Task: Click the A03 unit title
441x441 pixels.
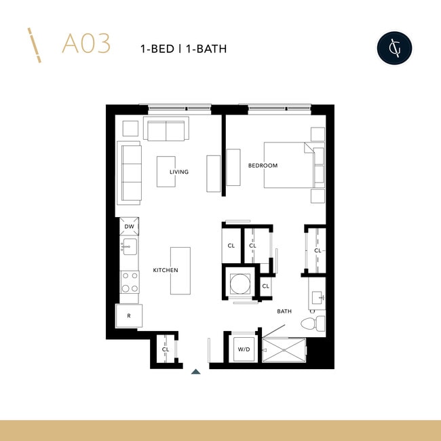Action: pyautogui.click(x=85, y=44)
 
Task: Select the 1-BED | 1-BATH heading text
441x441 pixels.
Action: pyautogui.click(x=183, y=48)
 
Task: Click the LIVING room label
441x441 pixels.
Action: pyautogui.click(x=179, y=172)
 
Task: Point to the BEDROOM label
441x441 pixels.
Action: pyautogui.click(x=263, y=166)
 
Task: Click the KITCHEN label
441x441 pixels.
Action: pyautogui.click(x=166, y=270)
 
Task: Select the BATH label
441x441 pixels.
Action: pyautogui.click(x=284, y=311)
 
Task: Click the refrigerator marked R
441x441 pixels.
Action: pyautogui.click(x=128, y=315)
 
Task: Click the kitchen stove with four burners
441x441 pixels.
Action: pyautogui.click(x=130, y=282)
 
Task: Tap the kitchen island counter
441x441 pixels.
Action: pyautogui.click(x=180, y=271)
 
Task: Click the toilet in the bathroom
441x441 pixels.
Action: pyautogui.click(x=316, y=322)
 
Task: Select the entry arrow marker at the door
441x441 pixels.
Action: pyautogui.click(x=196, y=371)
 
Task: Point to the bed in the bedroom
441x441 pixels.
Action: pyautogui.click(x=288, y=165)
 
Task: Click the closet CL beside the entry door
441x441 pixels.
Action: pyautogui.click(x=165, y=349)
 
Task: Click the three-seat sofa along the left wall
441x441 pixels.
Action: pyautogui.click(x=129, y=173)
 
